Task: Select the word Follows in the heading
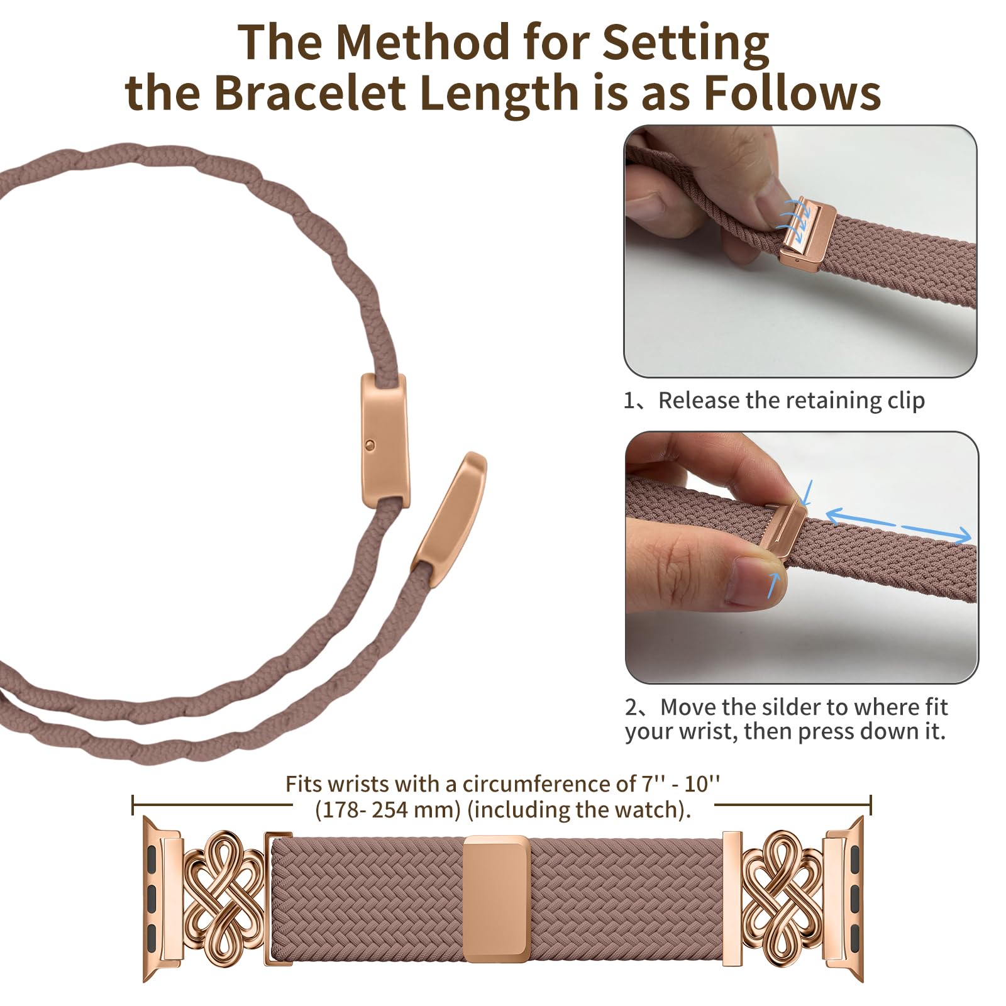[x=792, y=93]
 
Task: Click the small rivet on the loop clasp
[x=370, y=445]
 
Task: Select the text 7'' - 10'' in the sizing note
[x=680, y=783]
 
